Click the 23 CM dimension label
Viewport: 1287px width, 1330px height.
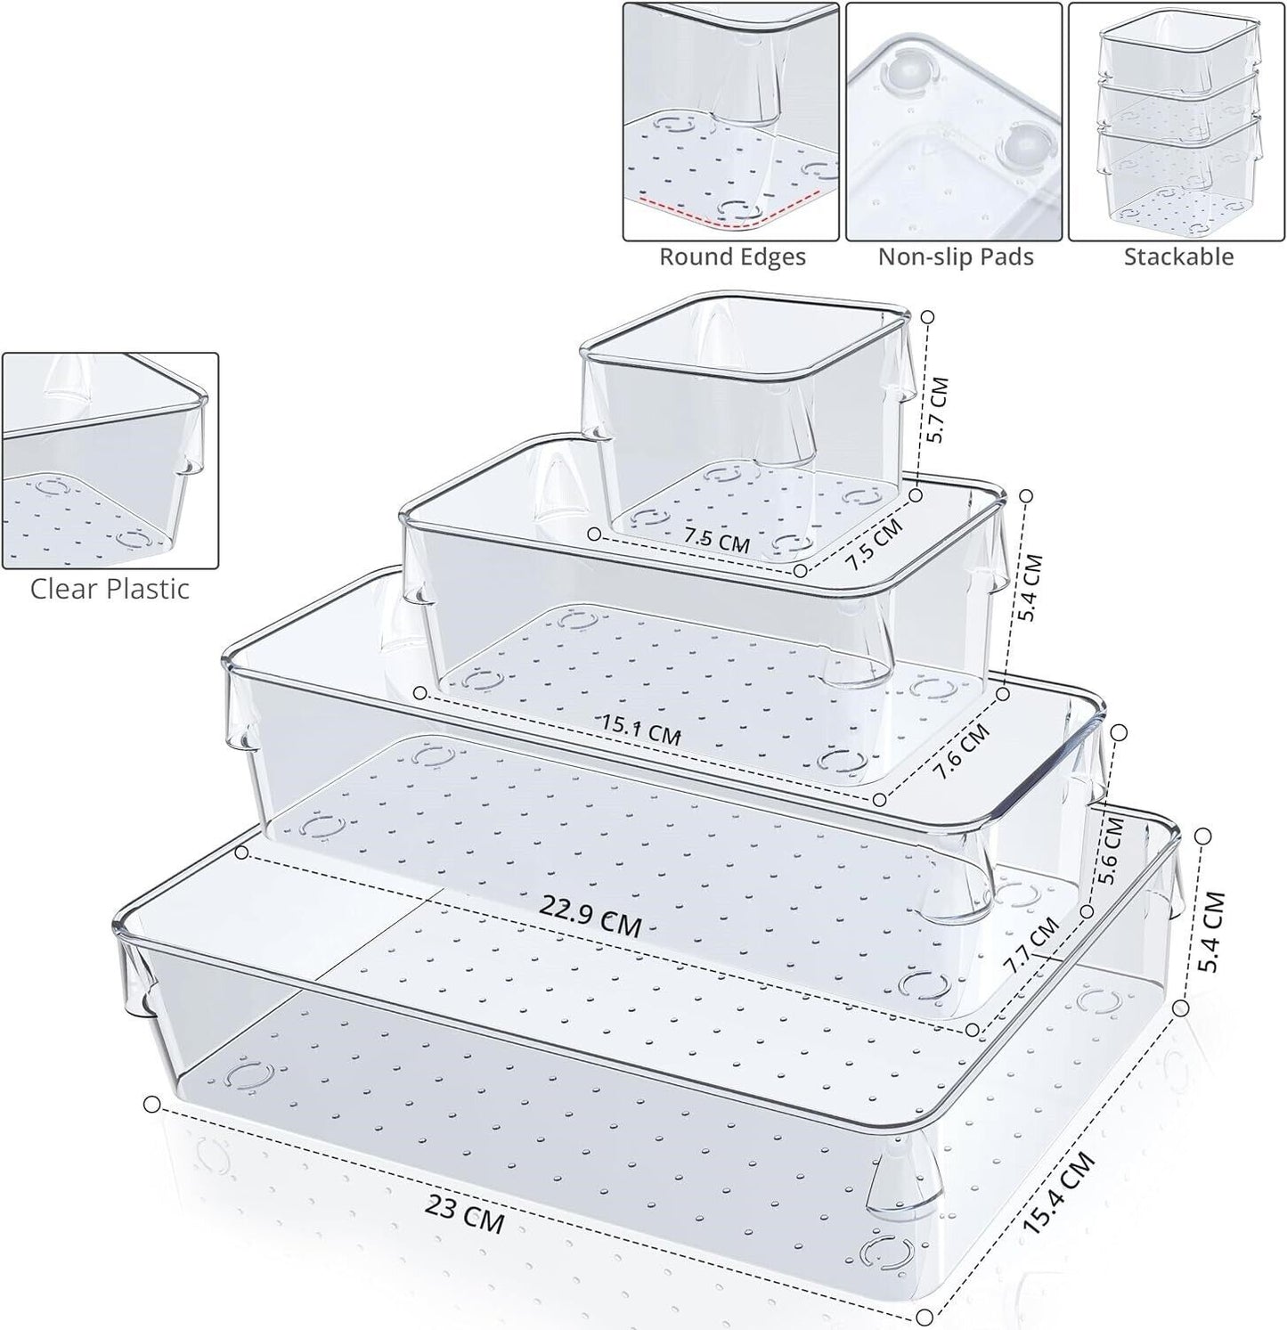tap(464, 1213)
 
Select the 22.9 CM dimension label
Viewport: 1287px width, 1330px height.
tap(590, 917)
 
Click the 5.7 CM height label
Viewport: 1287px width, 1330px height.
tap(936, 410)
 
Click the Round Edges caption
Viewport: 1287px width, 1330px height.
tap(732, 257)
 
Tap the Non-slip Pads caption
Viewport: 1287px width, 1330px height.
tap(955, 257)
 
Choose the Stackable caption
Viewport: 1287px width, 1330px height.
tap(1177, 257)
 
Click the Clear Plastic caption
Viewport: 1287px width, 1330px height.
tap(110, 589)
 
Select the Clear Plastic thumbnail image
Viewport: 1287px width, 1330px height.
tap(110, 461)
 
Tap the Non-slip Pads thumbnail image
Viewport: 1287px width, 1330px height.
tap(954, 121)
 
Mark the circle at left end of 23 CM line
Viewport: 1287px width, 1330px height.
tap(151, 1105)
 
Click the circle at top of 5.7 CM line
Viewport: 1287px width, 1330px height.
tap(927, 316)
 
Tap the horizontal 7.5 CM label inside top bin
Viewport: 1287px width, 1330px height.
tap(716, 539)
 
